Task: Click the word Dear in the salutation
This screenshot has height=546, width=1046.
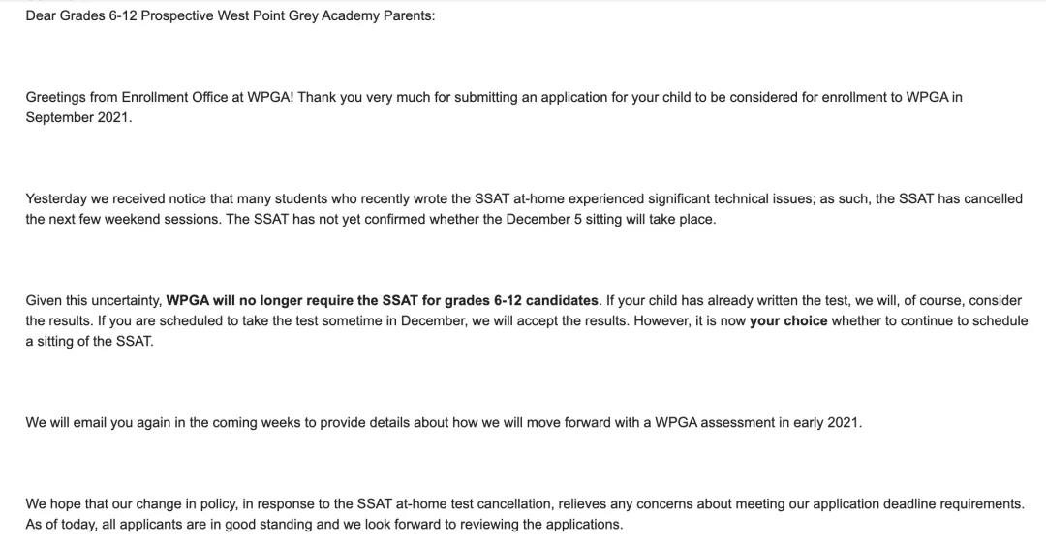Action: [41, 16]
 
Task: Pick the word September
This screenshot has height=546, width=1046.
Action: [59, 117]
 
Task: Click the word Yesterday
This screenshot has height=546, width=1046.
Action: [57, 198]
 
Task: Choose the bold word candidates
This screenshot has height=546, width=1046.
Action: [561, 300]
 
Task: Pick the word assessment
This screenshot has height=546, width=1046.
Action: [743, 422]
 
